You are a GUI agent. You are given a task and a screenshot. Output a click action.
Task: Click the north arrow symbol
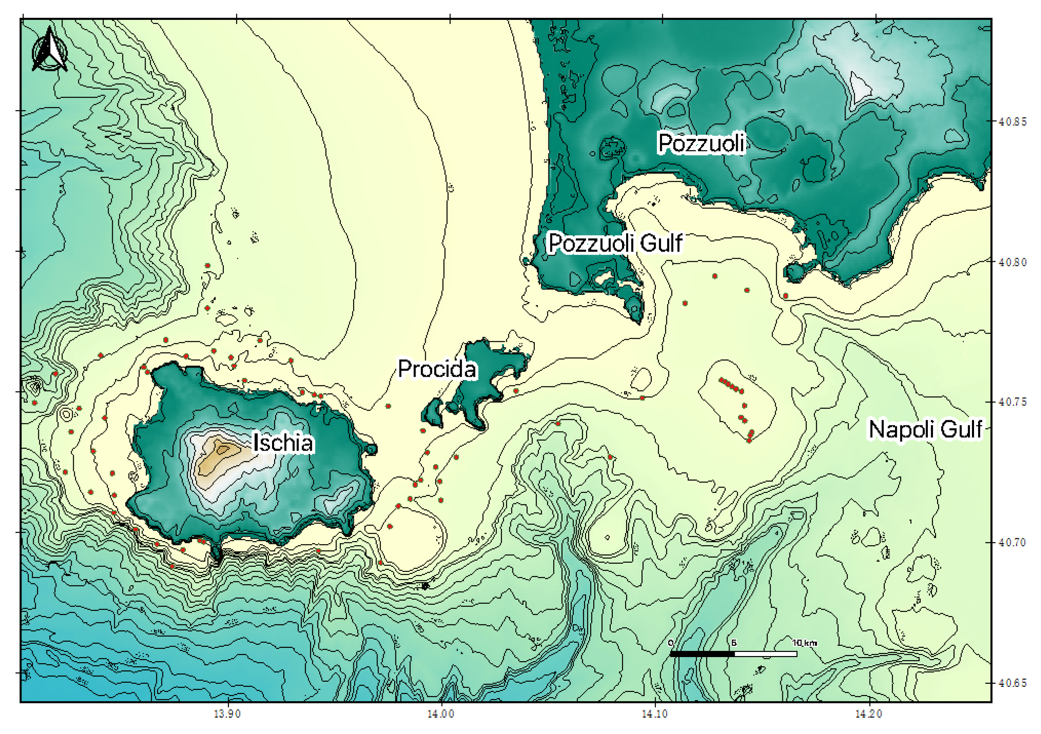(x=50, y=50)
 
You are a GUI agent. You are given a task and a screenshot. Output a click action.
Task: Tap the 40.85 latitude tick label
(x=1012, y=122)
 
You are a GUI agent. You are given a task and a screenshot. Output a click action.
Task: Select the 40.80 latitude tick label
(x=1012, y=262)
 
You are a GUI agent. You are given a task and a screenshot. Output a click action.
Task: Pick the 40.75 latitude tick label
(x=1012, y=402)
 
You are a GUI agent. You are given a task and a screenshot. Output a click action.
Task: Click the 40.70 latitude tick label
(x=1012, y=542)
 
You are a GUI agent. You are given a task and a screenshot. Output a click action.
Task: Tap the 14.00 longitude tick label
(x=440, y=714)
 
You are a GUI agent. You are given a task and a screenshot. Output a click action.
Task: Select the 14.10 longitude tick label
(x=654, y=714)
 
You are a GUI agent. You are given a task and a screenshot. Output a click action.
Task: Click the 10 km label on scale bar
(x=804, y=643)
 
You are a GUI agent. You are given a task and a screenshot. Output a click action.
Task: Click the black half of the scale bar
(x=702, y=654)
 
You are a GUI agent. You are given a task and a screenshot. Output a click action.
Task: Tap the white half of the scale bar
(x=765, y=654)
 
